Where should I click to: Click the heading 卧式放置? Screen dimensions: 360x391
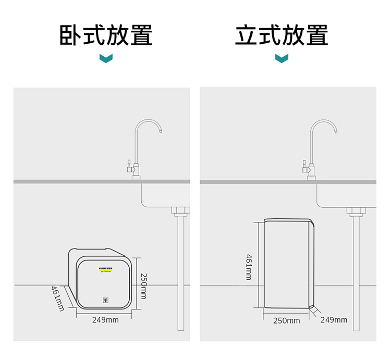(106, 35)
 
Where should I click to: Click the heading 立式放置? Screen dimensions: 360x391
(282, 35)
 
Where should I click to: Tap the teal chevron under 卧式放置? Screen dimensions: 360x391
(106, 58)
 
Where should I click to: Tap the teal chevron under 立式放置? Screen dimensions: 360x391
(282, 58)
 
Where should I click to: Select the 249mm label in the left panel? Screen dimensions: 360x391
(105, 319)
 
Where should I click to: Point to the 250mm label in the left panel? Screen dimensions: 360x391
(143, 286)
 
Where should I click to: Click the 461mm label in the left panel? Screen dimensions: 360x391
(57, 299)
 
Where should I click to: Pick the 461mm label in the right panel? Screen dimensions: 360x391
(249, 267)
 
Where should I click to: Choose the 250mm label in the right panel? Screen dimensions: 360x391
(287, 320)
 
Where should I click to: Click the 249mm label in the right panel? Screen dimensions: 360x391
(334, 319)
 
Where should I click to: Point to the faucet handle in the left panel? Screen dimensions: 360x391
(127, 168)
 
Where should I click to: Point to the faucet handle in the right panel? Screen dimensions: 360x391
(303, 168)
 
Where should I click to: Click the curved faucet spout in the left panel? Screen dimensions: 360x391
(148, 123)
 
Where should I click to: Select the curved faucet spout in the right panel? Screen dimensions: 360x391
(324, 123)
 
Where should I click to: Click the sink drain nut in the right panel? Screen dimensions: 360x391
(356, 211)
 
